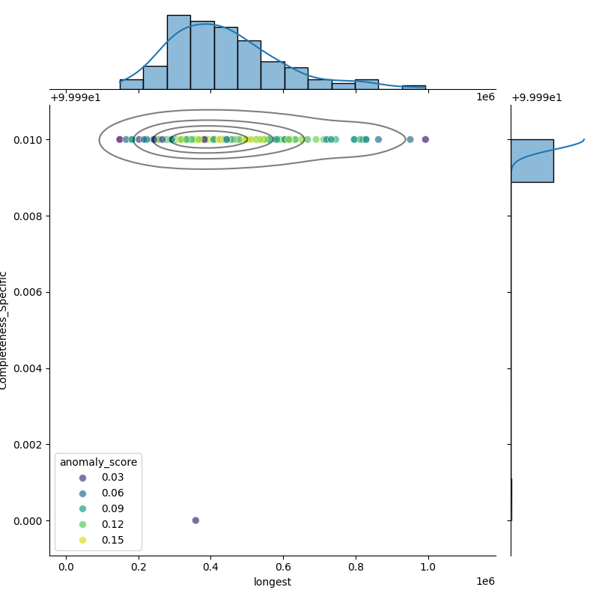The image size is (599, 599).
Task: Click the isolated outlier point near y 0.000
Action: [x=195, y=520]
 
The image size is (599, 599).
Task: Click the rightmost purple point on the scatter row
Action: [x=425, y=139]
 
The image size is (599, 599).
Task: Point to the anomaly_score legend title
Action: [x=98, y=462]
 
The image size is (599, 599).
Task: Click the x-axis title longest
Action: [x=273, y=582]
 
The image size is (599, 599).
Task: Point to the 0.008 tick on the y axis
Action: [x=28, y=216]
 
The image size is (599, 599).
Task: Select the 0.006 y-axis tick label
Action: [x=28, y=292]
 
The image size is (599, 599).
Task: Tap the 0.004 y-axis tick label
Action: [x=28, y=368]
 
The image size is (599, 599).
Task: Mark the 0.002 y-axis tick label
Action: [x=28, y=445]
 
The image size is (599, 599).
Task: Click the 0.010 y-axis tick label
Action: [x=28, y=140]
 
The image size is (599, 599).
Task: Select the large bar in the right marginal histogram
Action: [x=532, y=160]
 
